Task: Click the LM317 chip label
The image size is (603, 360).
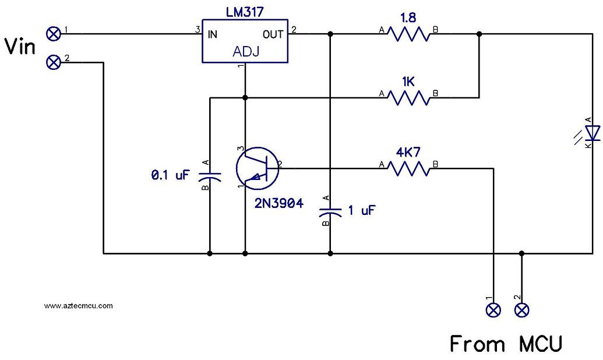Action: [x=245, y=12]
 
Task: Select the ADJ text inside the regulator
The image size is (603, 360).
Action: [x=245, y=51]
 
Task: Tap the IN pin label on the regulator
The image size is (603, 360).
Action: [x=213, y=34]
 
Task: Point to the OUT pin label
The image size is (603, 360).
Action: [x=273, y=34]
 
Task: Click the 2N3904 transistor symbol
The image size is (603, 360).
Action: [x=257, y=168]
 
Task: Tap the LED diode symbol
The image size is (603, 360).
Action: [x=593, y=134]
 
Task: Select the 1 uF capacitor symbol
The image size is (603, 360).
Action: [x=330, y=213]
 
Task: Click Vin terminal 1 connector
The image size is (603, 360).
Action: [x=54, y=34]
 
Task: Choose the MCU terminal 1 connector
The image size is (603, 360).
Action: [x=493, y=310]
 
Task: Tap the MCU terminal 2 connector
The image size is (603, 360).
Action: [x=522, y=310]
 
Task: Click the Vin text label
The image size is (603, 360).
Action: [x=20, y=46]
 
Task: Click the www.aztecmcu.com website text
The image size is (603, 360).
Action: [x=78, y=305]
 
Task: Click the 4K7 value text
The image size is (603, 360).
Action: [x=408, y=153]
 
